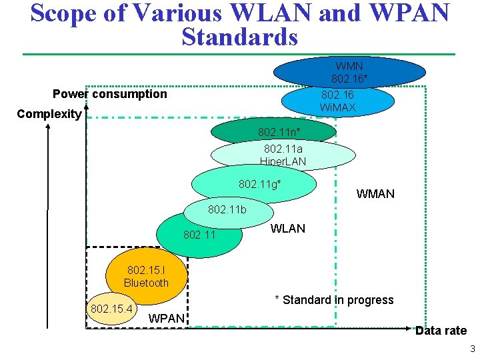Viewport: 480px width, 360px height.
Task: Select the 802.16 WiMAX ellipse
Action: click(x=337, y=101)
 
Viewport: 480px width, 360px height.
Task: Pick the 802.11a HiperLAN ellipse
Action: click(x=283, y=155)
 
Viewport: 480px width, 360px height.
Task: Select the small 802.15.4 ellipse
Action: click(x=111, y=309)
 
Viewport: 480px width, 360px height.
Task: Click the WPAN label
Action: click(x=167, y=318)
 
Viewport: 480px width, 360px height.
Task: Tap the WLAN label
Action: click(x=288, y=229)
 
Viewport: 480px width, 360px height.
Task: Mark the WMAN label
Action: click(x=375, y=194)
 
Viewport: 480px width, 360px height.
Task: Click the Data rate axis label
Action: click(x=441, y=331)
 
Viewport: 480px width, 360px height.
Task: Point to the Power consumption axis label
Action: click(x=110, y=94)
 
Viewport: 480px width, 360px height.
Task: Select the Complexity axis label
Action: click(x=49, y=114)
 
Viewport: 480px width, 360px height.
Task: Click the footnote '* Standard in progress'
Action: click(x=334, y=300)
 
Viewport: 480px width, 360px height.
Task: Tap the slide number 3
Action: click(x=472, y=349)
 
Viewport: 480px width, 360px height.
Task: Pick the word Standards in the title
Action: click(x=239, y=37)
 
